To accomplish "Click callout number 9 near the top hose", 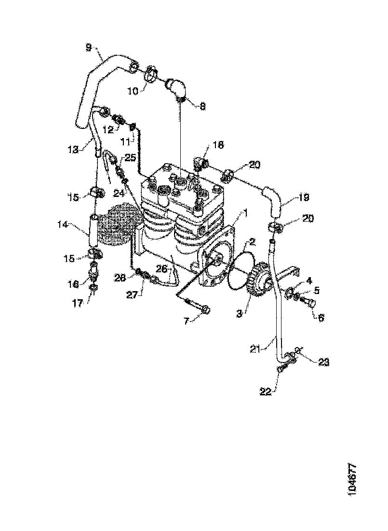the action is tap(88, 48).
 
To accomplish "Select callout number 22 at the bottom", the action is tap(266, 391).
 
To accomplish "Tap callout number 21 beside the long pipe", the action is tap(256, 349).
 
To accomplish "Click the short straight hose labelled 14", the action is tap(94, 231).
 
